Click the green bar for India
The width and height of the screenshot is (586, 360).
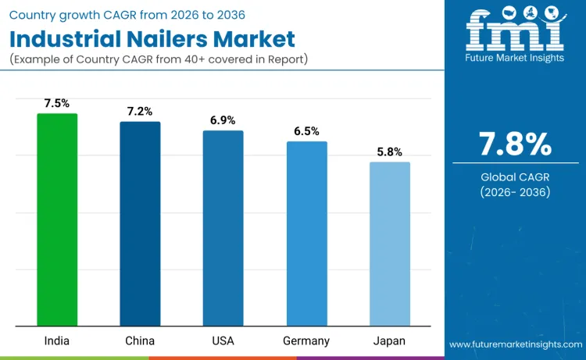(x=57, y=219)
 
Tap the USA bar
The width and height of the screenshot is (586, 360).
(x=223, y=228)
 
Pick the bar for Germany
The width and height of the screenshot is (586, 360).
(x=306, y=233)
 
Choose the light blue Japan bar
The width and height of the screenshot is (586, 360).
(x=389, y=244)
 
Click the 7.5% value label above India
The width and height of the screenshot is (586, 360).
(x=57, y=102)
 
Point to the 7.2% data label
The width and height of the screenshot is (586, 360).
(x=140, y=111)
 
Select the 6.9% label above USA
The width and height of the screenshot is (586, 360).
(x=223, y=119)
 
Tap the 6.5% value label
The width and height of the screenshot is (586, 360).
(x=306, y=130)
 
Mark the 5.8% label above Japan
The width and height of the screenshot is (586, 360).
(x=389, y=151)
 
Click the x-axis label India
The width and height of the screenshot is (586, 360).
(x=57, y=341)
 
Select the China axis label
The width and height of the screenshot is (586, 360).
(x=140, y=341)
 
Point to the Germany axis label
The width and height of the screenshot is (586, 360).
(x=306, y=341)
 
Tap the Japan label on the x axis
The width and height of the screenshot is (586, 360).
(x=389, y=341)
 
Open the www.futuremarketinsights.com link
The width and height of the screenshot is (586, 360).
(x=515, y=344)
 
